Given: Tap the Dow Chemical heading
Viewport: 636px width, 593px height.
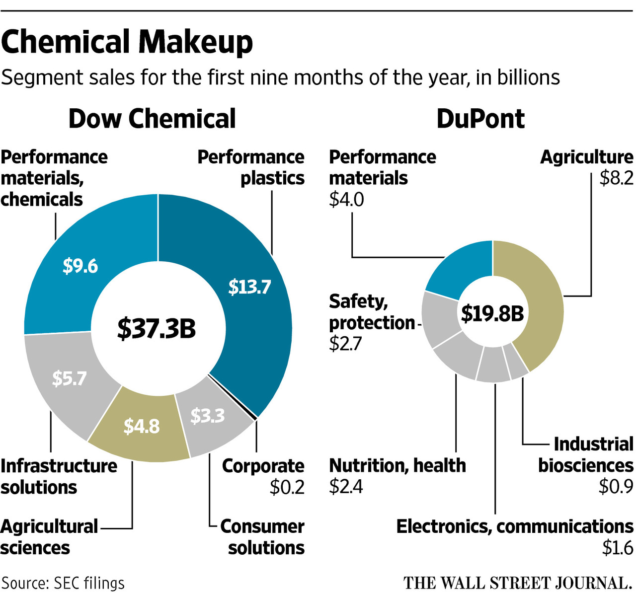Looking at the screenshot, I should click(152, 119).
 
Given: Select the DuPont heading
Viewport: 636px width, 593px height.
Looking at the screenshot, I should click(480, 119).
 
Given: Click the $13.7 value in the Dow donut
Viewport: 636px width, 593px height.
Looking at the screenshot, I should click(249, 287).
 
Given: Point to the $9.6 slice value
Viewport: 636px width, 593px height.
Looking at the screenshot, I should click(80, 266).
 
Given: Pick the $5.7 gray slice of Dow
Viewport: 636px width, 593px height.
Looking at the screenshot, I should click(70, 378).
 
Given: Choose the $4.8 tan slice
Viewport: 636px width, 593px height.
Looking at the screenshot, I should click(142, 426).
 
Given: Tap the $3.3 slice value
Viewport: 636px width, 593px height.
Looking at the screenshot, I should click(208, 416).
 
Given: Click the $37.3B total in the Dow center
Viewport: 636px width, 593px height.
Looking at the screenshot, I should click(157, 328).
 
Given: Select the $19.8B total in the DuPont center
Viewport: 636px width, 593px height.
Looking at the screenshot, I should click(492, 313).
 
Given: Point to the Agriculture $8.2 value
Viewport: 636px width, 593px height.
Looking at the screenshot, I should click(616, 178).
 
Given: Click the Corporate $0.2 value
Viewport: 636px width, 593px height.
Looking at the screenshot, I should click(287, 487).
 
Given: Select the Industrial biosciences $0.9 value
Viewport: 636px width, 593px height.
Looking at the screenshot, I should click(616, 487).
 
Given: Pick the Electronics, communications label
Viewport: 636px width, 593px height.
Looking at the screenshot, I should click(515, 526).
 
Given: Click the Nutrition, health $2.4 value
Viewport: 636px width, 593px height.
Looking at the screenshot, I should click(346, 487).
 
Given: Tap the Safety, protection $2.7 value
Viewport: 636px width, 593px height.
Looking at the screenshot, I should click(346, 344).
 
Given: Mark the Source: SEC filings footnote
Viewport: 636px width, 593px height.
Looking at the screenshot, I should click(63, 583).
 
